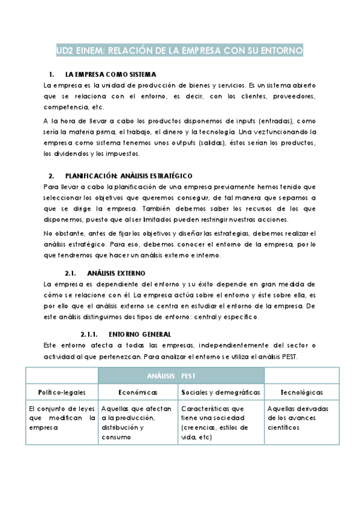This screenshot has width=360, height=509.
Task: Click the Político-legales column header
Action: (x=61, y=392)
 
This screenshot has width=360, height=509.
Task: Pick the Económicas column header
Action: (x=138, y=392)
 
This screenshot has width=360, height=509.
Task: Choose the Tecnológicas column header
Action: (x=302, y=392)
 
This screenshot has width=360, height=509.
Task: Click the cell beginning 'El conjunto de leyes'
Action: (x=61, y=418)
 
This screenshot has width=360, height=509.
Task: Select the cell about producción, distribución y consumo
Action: (x=138, y=423)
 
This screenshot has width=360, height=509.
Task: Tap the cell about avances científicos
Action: (x=302, y=418)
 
